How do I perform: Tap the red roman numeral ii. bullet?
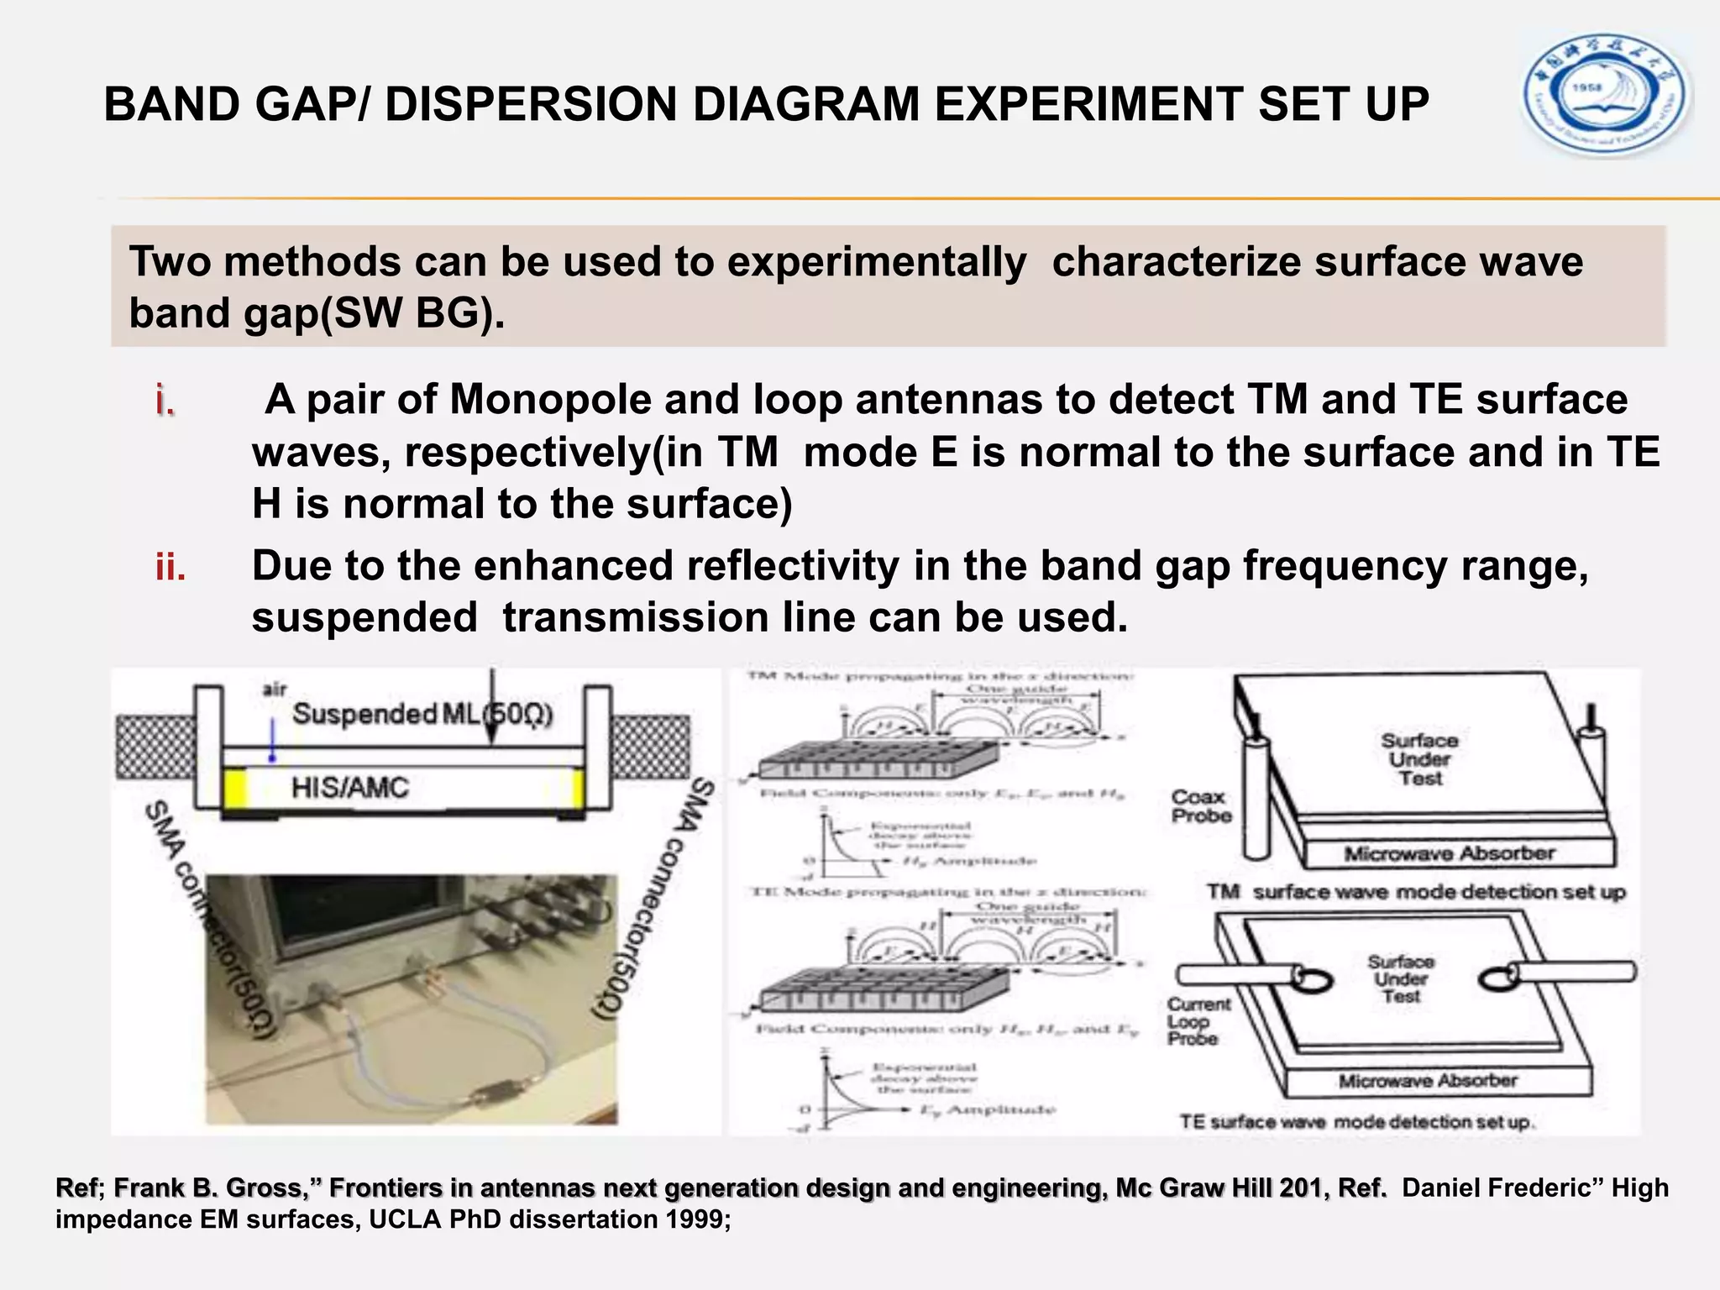click(x=170, y=569)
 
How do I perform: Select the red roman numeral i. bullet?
click(x=165, y=401)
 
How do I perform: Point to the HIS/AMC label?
click(x=349, y=788)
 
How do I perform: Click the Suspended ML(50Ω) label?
click(x=422, y=715)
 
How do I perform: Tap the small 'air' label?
click(x=275, y=689)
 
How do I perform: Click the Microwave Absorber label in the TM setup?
click(x=1449, y=854)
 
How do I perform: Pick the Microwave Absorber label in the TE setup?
click(x=1428, y=1081)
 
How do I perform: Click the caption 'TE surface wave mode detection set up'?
click(x=1356, y=1122)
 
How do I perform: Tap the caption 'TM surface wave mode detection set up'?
click(x=1416, y=892)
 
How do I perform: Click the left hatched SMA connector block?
click(x=155, y=746)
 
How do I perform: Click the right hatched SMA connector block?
click(x=651, y=746)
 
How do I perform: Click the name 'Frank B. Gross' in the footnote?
click(x=208, y=1188)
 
